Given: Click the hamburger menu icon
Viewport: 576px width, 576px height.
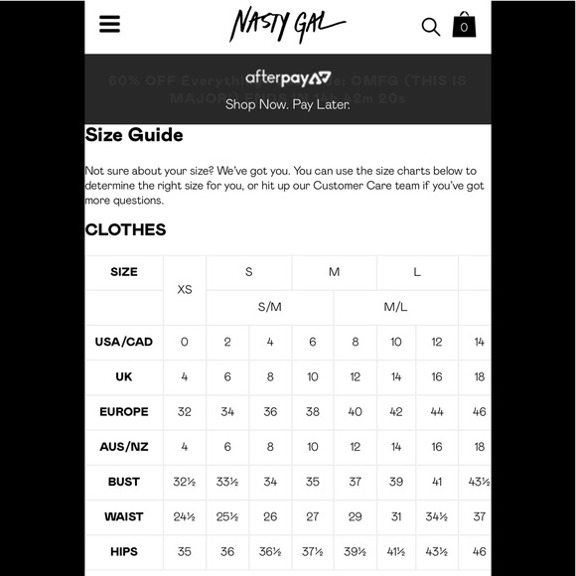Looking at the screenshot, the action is click(x=109, y=24).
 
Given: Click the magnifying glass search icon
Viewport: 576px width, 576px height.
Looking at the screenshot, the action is click(x=431, y=27).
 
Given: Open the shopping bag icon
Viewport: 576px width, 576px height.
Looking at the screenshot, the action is click(x=464, y=25).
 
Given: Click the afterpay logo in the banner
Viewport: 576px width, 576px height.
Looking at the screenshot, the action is click(x=288, y=77).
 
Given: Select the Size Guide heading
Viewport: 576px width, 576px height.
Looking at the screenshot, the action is click(x=134, y=135).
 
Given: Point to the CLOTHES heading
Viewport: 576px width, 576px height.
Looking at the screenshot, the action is click(x=125, y=229).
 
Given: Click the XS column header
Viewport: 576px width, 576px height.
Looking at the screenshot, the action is click(x=185, y=289).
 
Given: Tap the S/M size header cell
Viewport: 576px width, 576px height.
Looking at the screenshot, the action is click(x=270, y=307).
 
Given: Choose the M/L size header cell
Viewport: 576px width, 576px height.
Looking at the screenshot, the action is click(x=396, y=307).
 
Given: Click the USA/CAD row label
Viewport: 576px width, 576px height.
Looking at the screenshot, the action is click(x=124, y=342).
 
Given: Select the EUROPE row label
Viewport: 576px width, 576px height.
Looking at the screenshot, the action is click(x=124, y=411).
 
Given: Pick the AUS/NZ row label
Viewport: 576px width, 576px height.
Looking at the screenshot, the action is click(x=124, y=447).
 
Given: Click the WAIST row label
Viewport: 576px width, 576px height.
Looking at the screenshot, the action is click(x=124, y=516).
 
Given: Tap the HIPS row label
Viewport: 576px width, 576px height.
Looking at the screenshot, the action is click(x=124, y=551).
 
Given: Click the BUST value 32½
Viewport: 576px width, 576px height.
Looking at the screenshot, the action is click(x=185, y=482).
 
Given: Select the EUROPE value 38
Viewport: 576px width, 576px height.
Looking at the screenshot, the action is click(x=313, y=411).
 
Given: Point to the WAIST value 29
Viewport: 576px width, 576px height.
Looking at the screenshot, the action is click(x=355, y=516).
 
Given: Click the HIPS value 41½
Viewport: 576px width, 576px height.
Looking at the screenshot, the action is click(x=396, y=551).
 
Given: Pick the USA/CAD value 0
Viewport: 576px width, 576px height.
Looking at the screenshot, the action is click(x=185, y=342).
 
